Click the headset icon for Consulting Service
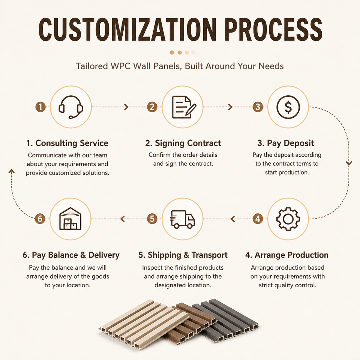(x=71, y=107)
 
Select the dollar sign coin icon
(x=288, y=107)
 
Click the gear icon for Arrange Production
(x=288, y=219)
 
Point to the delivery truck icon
(x=183, y=219)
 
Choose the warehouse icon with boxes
(x=70, y=219)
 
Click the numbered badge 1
(x=40, y=107)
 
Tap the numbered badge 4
(x=258, y=219)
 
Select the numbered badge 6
(x=40, y=219)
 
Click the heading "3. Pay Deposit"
(x=285, y=143)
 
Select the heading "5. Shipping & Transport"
(x=183, y=255)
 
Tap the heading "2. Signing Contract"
(x=183, y=143)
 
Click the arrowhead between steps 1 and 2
(x=126, y=107)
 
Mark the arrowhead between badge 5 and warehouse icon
(x=123, y=219)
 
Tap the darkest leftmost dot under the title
(x=172, y=52)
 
